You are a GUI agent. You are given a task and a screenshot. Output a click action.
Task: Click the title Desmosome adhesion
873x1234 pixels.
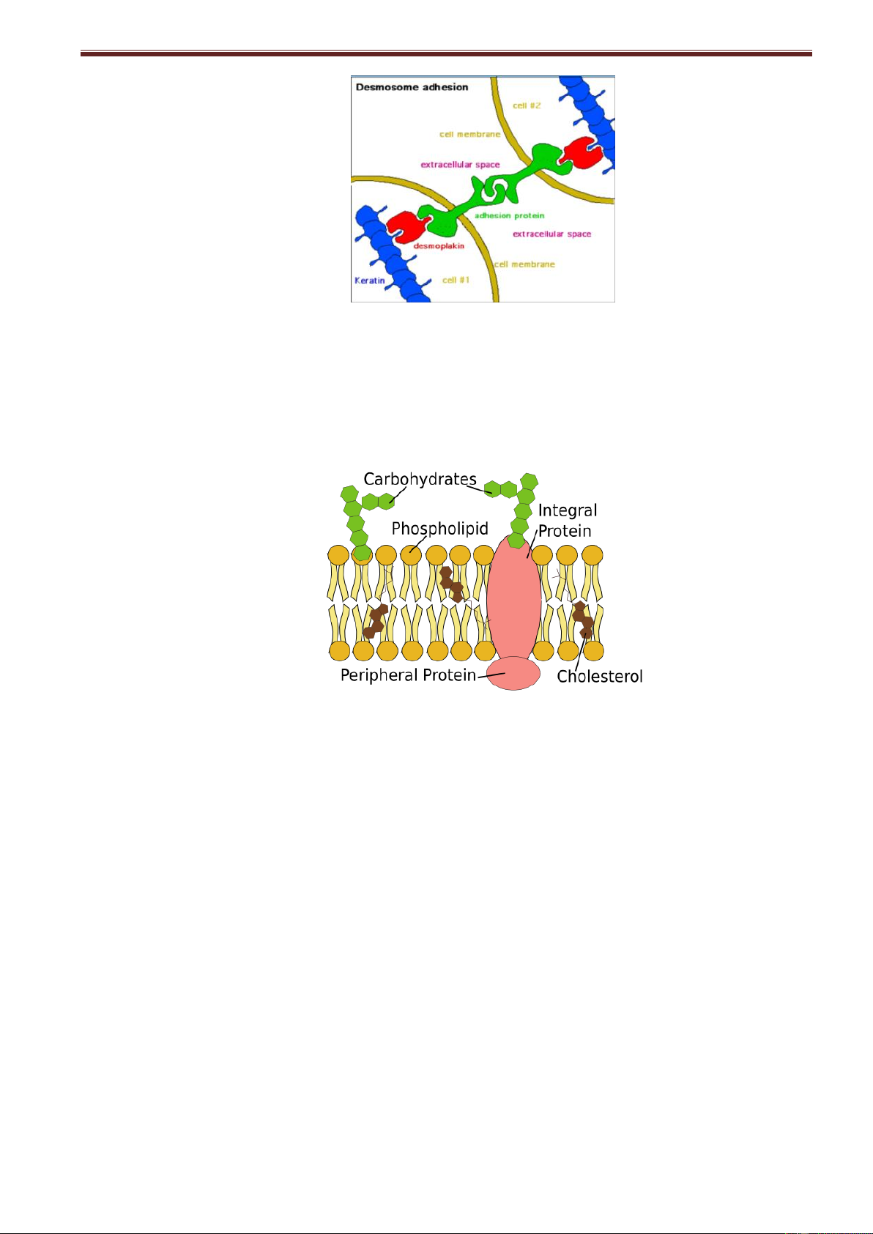(x=412, y=87)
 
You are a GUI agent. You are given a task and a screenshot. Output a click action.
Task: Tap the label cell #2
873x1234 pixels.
(x=527, y=105)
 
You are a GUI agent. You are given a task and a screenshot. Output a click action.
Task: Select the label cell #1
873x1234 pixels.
(x=456, y=280)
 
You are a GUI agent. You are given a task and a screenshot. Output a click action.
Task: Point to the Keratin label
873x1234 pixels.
(x=369, y=280)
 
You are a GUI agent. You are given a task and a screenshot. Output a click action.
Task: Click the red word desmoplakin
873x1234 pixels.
(x=439, y=246)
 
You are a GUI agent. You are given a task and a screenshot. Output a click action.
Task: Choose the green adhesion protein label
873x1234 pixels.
(x=509, y=215)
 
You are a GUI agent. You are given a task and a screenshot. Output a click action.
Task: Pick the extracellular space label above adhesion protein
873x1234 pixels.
(x=460, y=165)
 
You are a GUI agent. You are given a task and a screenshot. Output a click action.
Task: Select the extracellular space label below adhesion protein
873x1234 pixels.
(x=551, y=234)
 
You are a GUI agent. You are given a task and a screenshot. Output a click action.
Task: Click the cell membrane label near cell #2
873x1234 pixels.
(x=469, y=134)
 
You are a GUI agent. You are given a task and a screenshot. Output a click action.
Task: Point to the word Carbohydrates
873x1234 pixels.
(x=420, y=479)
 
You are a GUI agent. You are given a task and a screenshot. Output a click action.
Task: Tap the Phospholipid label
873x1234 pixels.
(x=439, y=528)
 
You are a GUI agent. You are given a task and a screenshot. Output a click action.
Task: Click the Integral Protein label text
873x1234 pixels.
(x=567, y=520)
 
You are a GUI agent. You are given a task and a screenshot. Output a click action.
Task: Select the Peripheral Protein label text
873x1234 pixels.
(x=408, y=675)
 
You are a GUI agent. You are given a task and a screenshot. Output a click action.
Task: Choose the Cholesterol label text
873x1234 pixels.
(x=600, y=676)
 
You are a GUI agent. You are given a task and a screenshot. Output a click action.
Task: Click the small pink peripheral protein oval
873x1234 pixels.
(x=513, y=673)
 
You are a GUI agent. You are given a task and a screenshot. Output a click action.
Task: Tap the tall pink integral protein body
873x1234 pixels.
(x=513, y=597)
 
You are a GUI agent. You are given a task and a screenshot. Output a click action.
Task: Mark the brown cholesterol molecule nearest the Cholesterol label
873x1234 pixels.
(x=584, y=620)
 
